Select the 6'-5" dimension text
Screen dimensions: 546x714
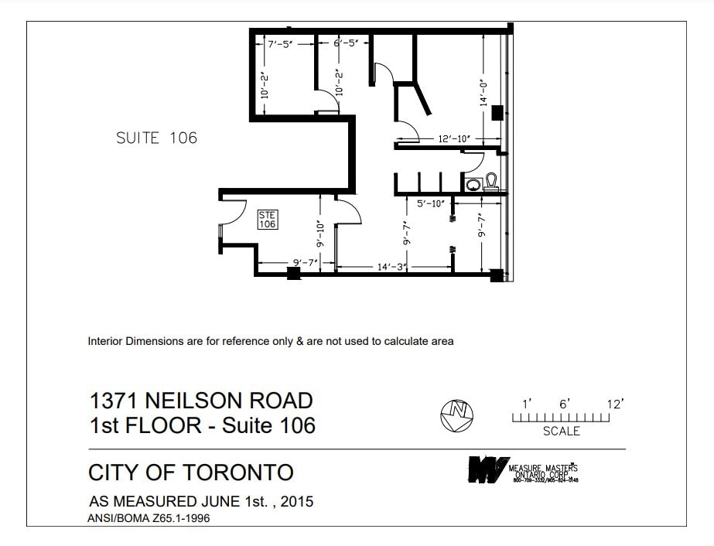coord(347,45)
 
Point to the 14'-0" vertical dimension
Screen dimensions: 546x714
coord(482,92)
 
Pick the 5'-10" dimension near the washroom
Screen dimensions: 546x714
coord(431,204)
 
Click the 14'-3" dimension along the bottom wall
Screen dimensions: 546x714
coord(393,267)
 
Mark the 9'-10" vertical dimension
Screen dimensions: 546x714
coord(319,233)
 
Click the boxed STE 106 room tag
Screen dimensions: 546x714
coord(267,220)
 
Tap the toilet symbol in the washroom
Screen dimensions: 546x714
coord(491,182)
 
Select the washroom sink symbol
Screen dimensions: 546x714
coord(473,184)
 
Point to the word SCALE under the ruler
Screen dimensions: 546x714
coord(561,432)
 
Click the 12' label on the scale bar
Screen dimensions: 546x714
coord(615,404)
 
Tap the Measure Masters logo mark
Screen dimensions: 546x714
coord(487,469)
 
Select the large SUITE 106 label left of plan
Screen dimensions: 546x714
coord(156,138)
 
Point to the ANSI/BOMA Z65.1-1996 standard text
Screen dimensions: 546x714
coord(149,519)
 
